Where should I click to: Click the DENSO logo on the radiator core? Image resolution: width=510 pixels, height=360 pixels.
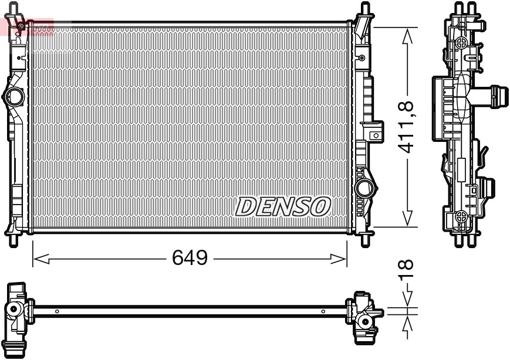coord(283,206)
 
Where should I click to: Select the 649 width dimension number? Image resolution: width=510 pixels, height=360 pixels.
coord(190,258)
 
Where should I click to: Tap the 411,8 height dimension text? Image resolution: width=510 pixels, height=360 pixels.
coord(406,127)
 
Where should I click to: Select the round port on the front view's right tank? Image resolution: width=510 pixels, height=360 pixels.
coord(364,188)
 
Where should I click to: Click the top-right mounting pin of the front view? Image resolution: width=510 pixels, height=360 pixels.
coord(364,9)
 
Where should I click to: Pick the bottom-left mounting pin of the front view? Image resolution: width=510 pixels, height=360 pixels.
coord(13,239)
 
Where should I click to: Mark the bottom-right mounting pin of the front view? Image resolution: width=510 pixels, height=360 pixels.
coord(364,239)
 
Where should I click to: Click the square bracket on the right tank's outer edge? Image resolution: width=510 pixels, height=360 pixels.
coord(374,134)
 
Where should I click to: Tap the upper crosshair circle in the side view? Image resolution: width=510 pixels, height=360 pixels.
coord(461,42)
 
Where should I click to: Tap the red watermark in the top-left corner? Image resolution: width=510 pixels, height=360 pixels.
coord(26,26)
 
